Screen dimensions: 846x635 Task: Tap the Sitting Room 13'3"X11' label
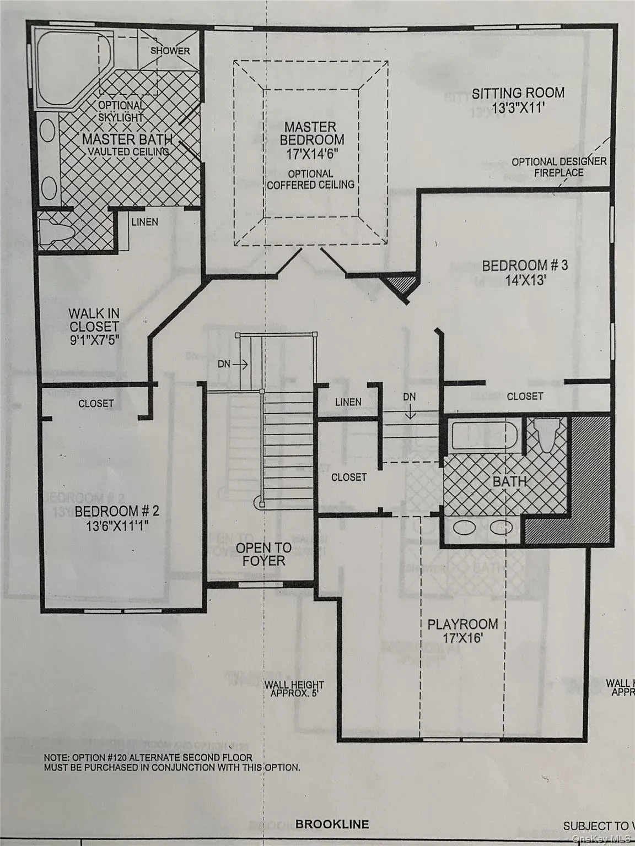click(518, 100)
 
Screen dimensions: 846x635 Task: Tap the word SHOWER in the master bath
click(170, 51)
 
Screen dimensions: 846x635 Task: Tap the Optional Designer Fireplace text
click(558, 167)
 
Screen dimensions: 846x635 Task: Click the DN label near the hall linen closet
click(409, 397)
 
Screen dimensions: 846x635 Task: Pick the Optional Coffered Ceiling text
click(310, 180)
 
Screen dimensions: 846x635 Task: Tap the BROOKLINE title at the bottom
click(332, 825)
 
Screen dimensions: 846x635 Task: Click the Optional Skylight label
click(121, 111)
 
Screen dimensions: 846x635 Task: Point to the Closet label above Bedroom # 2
click(96, 404)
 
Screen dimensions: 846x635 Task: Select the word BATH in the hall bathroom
click(509, 481)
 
